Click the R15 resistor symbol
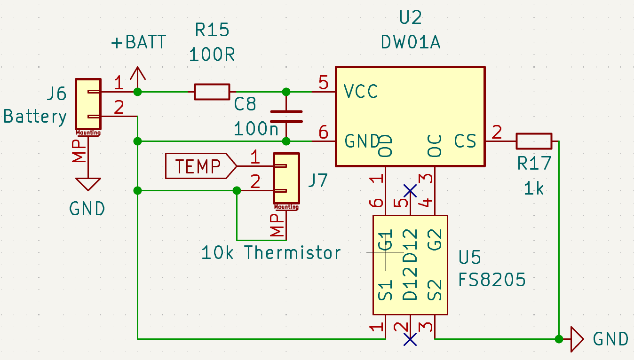point(212,92)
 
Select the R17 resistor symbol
point(534,141)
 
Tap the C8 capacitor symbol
point(286,117)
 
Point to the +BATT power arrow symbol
point(137,75)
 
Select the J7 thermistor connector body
point(286,179)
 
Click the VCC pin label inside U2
point(361,92)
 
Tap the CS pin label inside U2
point(465,141)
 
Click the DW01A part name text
point(410,43)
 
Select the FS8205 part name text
point(492,280)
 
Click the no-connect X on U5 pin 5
point(410,190)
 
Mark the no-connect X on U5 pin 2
point(410,339)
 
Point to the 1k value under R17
point(533,188)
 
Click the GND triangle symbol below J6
point(88,184)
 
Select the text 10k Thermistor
point(271,253)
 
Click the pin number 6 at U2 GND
point(323,133)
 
